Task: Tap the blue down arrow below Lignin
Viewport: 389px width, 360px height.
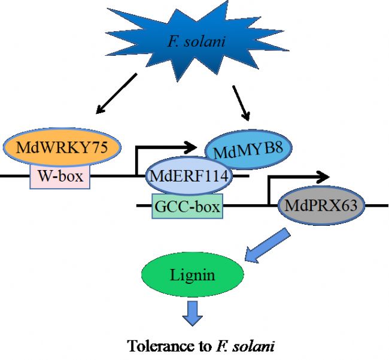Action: click(192, 313)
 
